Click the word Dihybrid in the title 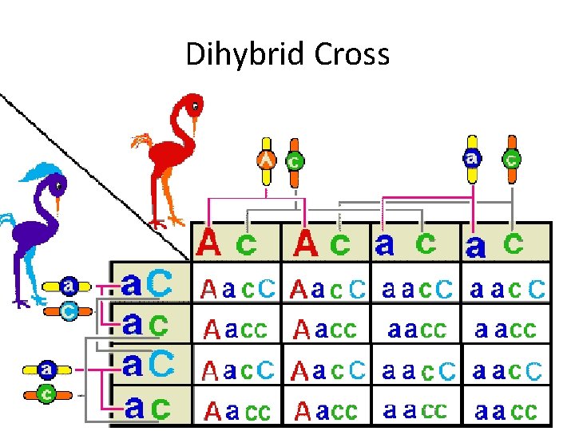(x=232, y=54)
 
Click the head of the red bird (x=192, y=104)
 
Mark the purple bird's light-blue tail (x=6, y=219)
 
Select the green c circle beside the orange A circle (x=294, y=160)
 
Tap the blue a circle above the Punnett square (x=473, y=159)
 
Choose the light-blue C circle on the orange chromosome (x=69, y=312)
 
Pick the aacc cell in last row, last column (x=506, y=410)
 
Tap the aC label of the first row (x=145, y=283)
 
